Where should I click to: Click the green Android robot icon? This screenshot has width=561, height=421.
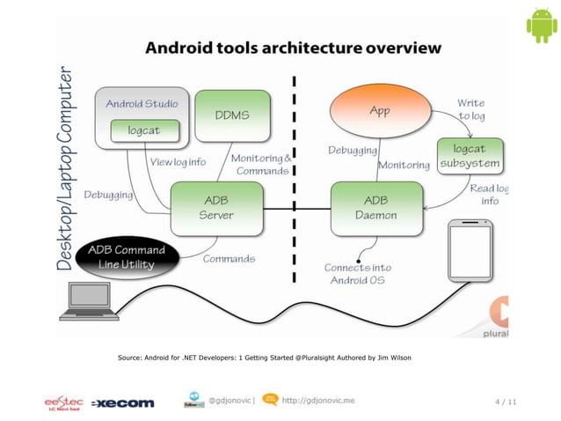[541, 26]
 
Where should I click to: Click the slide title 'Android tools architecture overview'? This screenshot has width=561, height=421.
[293, 47]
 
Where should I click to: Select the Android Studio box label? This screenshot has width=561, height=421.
[142, 103]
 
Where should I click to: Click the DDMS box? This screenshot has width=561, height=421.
[231, 114]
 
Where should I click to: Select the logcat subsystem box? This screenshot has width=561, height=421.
[470, 156]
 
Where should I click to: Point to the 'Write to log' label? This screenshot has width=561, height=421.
[470, 110]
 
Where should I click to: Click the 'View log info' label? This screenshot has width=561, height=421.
[178, 162]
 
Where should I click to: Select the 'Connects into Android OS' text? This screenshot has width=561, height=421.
[358, 273]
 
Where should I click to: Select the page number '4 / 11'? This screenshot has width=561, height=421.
[505, 403]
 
